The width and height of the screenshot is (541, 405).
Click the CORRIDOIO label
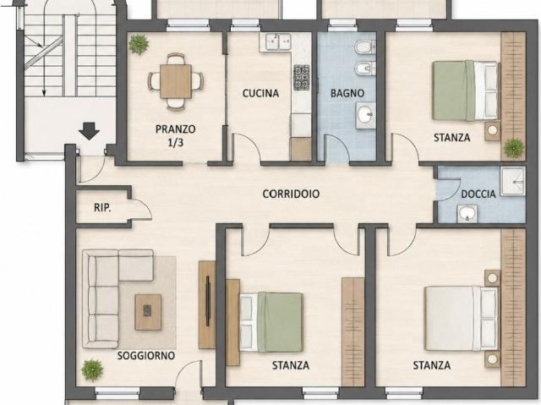(291, 194)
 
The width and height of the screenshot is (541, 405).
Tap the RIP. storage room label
(102, 208)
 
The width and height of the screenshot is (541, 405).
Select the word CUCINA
(260, 93)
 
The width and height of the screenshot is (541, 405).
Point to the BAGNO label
(347, 93)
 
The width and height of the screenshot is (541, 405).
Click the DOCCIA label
(478, 194)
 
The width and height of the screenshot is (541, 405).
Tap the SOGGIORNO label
(146, 356)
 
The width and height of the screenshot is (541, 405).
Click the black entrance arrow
(89, 131)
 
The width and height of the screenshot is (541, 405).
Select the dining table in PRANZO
(176, 81)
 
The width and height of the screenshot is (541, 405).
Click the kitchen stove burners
(301, 77)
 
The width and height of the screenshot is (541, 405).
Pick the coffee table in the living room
(148, 312)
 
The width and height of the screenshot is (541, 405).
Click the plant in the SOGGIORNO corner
(92, 369)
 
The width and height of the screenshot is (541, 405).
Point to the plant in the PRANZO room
(139, 44)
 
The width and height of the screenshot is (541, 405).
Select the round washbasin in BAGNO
(365, 115)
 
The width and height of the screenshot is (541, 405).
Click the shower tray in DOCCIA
(513, 182)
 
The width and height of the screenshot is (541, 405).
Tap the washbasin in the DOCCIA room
(467, 214)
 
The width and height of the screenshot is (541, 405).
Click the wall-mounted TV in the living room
(208, 301)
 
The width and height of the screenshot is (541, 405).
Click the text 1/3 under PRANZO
(176, 143)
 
